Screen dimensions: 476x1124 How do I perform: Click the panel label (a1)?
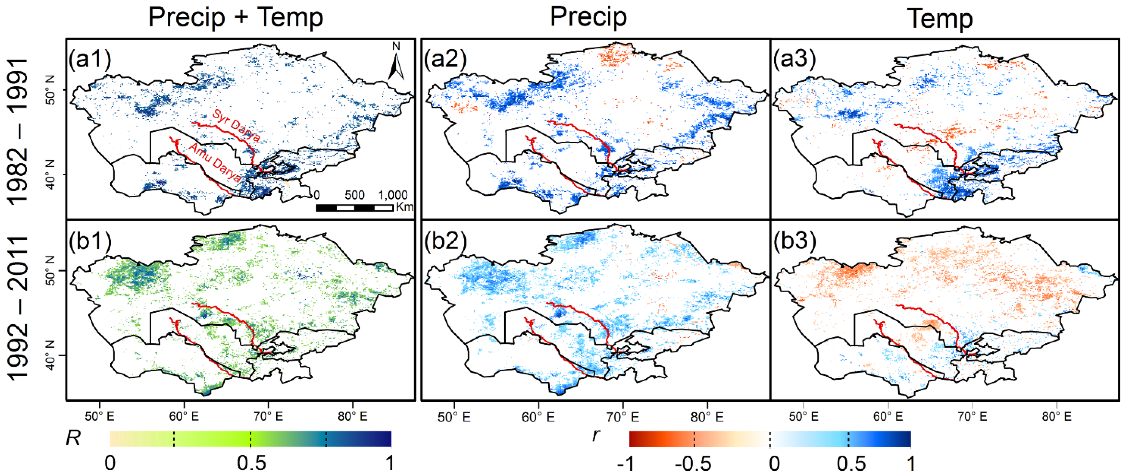[x=90, y=58]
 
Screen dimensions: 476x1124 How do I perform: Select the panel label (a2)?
[x=445, y=58]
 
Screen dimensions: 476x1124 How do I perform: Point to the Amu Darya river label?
[x=215, y=163]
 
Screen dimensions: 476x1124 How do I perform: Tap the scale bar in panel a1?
[x=354, y=208]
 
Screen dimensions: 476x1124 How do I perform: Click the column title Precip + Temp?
[x=236, y=18]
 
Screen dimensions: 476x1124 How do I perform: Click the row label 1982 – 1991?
[x=18, y=131]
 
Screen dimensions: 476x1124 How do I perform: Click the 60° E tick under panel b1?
[x=184, y=416]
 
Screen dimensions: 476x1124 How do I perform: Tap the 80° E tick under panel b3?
[x=1056, y=416]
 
